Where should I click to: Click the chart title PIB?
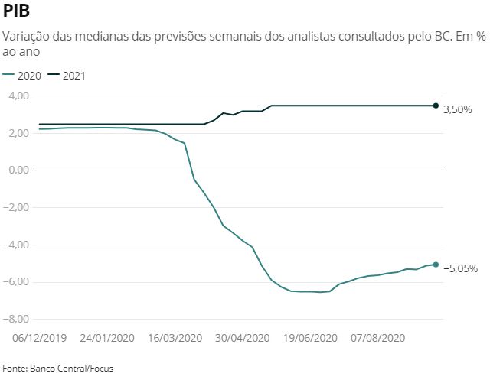coord(18,11)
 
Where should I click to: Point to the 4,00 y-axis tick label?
coord(18,96)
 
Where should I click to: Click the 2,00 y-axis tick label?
coord(18,134)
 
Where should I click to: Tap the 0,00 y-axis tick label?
coord(18,171)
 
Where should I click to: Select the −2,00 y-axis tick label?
coord(17,208)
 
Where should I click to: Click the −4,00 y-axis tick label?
coord(17,245)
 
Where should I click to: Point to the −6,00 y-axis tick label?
coord(17,282)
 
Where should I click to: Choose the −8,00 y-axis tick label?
coord(17,320)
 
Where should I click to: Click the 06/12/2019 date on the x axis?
coord(40,338)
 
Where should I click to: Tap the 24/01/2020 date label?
coord(107,338)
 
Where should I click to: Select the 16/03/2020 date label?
coord(175,338)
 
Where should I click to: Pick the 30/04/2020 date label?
coord(243,338)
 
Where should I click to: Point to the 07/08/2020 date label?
coord(378,338)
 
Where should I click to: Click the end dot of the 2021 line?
coord(436,106)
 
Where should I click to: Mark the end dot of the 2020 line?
coord(436,265)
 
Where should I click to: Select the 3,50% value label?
coord(458,110)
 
